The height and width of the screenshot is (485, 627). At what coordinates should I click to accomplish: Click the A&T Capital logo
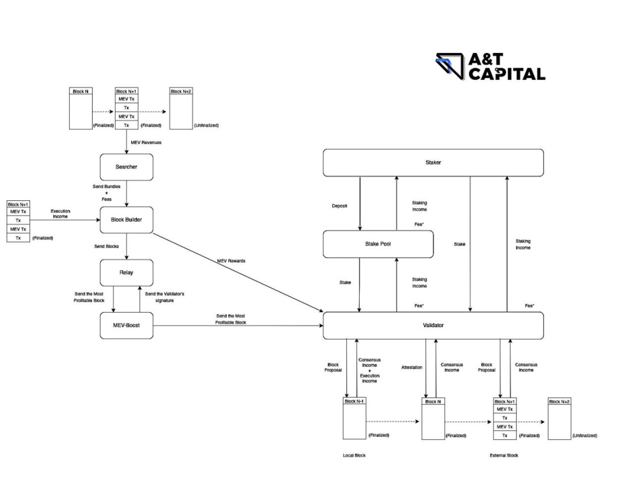tap(490, 67)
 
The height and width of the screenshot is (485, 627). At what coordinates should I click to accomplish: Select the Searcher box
tap(126, 167)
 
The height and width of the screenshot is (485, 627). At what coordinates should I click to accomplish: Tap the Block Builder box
tap(126, 220)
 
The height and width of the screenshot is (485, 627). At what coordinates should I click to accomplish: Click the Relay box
tap(126, 273)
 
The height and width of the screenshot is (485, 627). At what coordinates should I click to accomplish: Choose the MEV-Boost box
tap(126, 325)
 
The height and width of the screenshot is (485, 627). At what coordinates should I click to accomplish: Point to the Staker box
tap(433, 162)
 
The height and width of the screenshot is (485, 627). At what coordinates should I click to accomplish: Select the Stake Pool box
tap(378, 244)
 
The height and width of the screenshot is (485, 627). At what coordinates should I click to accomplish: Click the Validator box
tap(433, 325)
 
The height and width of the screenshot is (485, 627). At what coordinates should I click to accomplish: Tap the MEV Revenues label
tap(146, 143)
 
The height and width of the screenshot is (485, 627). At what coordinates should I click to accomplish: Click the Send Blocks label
tap(106, 246)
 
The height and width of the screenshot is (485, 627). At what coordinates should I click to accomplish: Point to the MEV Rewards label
tap(231, 261)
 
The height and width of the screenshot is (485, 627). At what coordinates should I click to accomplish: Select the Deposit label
tap(339, 206)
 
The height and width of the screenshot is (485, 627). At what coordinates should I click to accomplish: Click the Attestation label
tap(412, 367)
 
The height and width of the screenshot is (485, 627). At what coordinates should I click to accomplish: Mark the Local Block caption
tap(354, 455)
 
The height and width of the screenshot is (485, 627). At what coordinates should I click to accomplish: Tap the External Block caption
tap(504, 455)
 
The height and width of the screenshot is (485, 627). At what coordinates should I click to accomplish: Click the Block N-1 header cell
tap(355, 401)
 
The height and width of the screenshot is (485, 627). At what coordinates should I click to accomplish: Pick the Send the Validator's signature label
tap(164, 297)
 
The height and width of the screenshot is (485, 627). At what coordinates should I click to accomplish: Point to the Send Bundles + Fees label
tap(106, 193)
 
